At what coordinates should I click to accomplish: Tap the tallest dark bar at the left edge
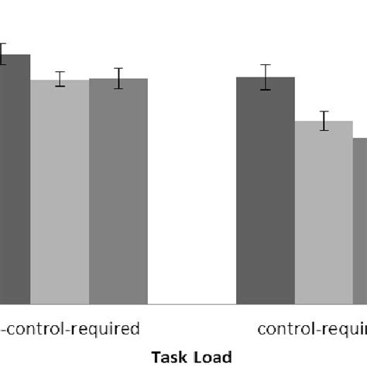point(15,179)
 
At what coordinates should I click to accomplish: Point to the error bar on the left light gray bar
point(60,79)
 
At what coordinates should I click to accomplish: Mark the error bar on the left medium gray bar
point(118,78)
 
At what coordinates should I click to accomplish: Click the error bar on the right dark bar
point(266,77)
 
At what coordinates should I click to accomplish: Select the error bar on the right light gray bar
point(324,121)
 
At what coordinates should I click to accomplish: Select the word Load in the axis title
point(213,357)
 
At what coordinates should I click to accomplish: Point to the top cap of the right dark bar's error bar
point(266,65)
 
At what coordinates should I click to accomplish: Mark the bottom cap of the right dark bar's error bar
point(266,90)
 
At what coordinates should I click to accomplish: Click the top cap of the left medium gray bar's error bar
point(118,68)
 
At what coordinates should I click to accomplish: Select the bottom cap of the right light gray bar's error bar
point(324,130)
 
